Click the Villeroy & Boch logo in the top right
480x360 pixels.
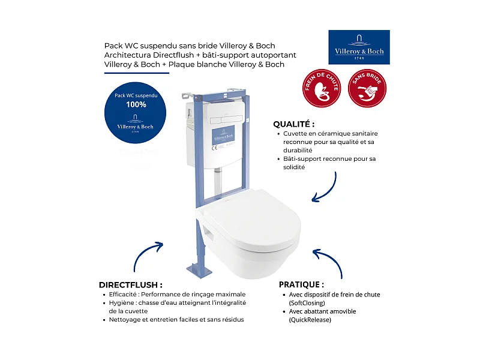pyautogui.click(x=359, y=47)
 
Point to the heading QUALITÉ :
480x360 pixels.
pyautogui.click(x=295, y=124)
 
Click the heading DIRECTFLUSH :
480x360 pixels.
pyautogui.click(x=130, y=284)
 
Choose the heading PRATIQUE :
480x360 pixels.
pyautogui.click(x=301, y=284)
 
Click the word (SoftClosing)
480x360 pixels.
pyautogui.click(x=307, y=303)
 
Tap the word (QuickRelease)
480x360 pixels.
pyautogui.click(x=310, y=320)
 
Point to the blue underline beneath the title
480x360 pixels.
pyautogui.click(x=137, y=73)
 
